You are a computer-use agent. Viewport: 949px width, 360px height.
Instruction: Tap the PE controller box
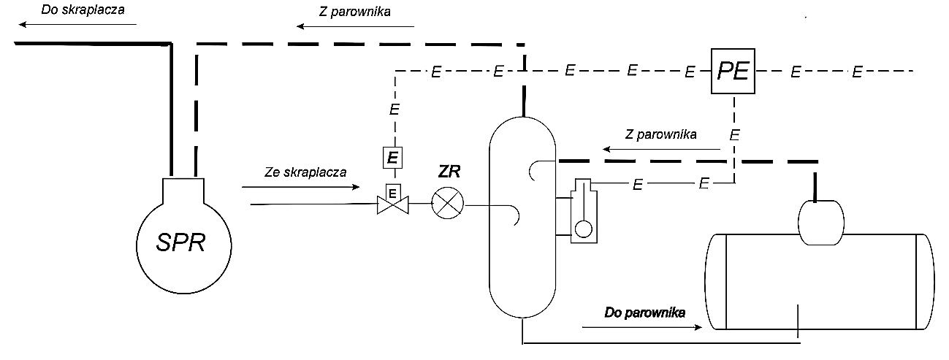coord(733,72)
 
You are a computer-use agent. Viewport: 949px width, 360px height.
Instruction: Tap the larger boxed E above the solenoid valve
coord(392,157)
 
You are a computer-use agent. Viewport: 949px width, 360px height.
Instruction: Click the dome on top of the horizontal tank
coord(820,221)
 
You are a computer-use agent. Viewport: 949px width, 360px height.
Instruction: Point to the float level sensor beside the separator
coord(582,212)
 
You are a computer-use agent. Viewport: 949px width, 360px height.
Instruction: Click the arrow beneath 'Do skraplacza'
coord(77,24)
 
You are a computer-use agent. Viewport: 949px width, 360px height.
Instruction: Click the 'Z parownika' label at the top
coord(355,12)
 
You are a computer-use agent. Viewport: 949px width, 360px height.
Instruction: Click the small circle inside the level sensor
coord(583,228)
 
